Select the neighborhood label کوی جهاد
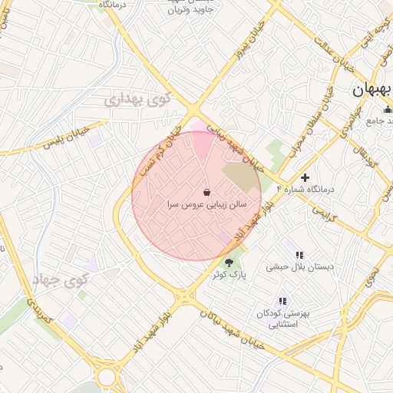[x=61, y=280]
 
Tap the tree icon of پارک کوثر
[x=229, y=263]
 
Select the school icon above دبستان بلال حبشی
[x=299, y=254]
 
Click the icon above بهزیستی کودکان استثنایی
[x=282, y=301]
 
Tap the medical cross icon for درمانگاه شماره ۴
[x=305, y=177]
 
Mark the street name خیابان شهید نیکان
[x=230, y=329]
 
